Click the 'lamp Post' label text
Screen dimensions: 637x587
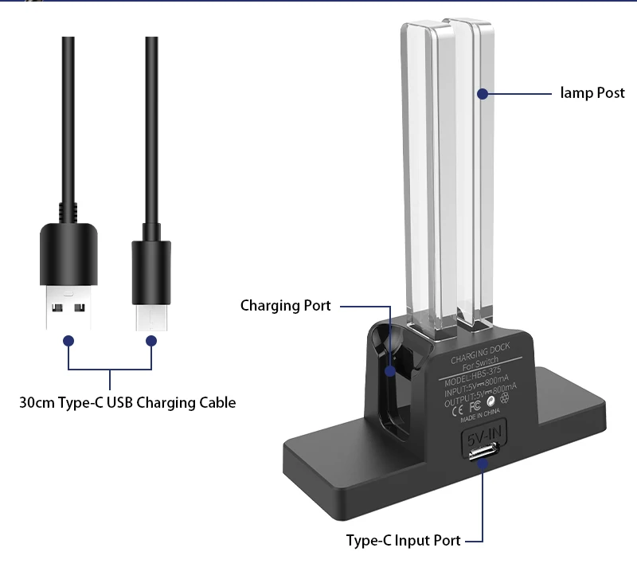592,93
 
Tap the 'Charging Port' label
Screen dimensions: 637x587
285,306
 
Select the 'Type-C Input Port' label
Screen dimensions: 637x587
403,540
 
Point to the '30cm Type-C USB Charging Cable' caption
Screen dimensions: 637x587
127,402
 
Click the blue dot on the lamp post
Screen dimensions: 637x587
482,94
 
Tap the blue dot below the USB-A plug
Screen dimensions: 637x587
68,340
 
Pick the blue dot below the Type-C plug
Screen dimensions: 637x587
150,340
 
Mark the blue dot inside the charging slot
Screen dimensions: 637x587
390,370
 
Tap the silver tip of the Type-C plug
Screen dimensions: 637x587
150,315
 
